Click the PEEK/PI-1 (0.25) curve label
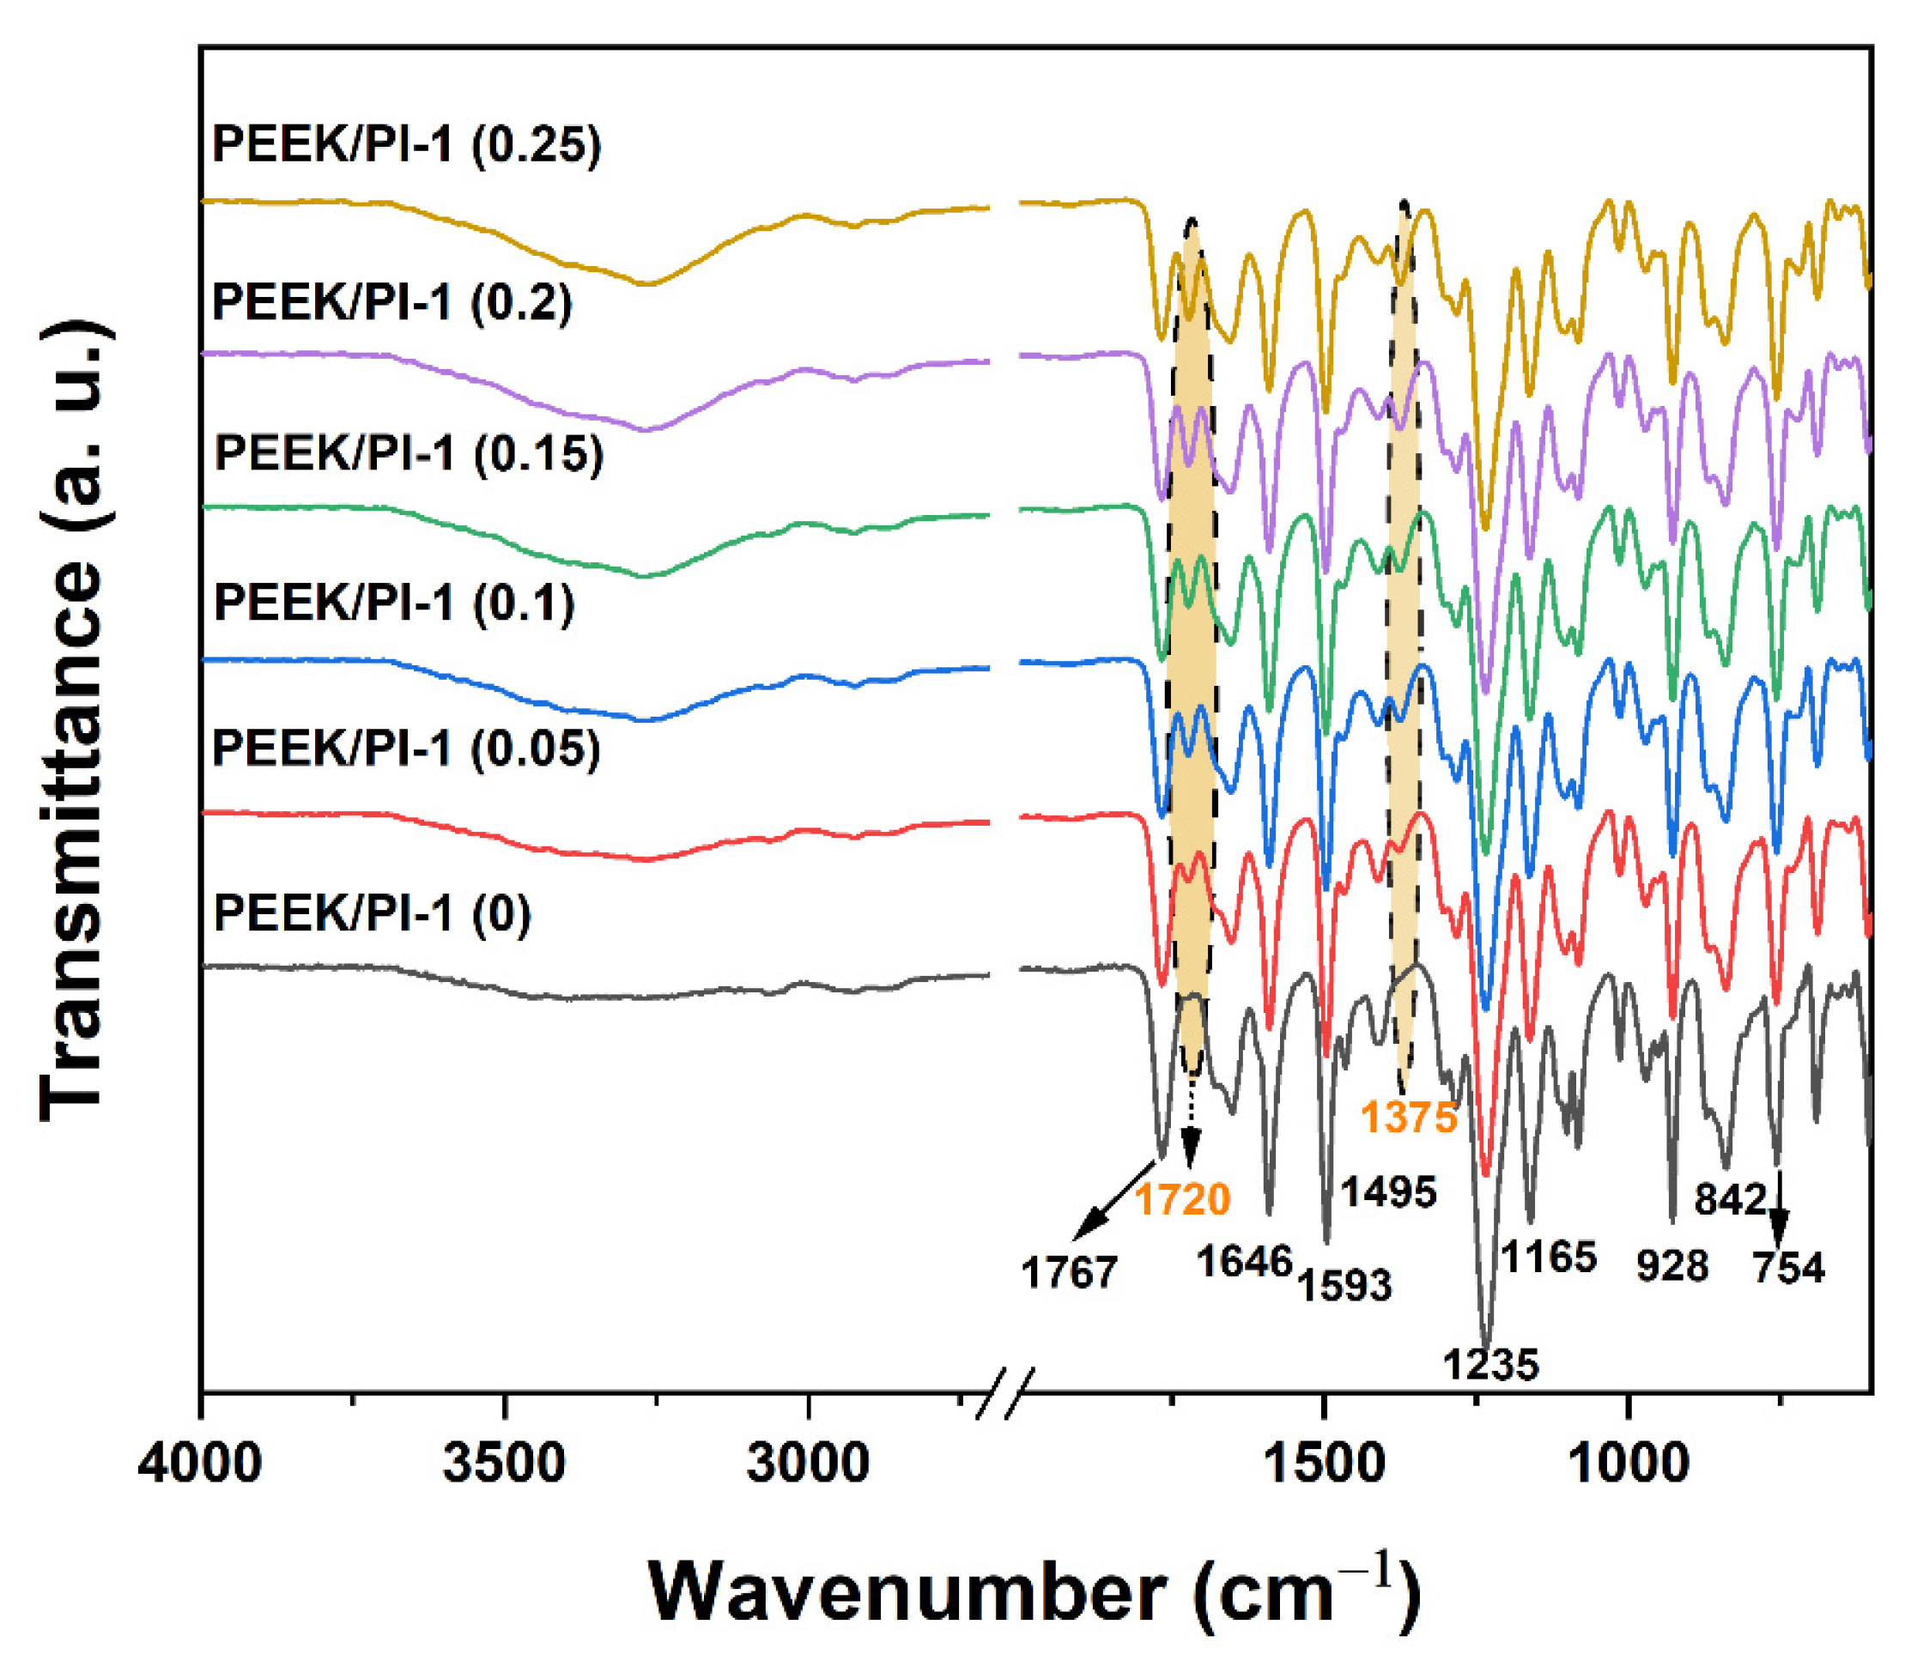pyautogui.click(x=407, y=146)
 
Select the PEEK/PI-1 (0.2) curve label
pyautogui.click(x=392, y=303)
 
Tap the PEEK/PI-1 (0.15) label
pyautogui.click(x=409, y=453)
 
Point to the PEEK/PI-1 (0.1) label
pyautogui.click(x=394, y=603)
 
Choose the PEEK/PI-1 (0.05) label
pyautogui.click(x=407, y=748)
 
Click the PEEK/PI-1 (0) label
pyautogui.click(x=373, y=914)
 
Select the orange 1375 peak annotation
pyautogui.click(x=1409, y=1117)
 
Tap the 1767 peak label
pyautogui.click(x=1070, y=1273)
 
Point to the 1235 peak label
pyautogui.click(x=1490, y=1364)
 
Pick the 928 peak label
pyautogui.click(x=1671, y=1265)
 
